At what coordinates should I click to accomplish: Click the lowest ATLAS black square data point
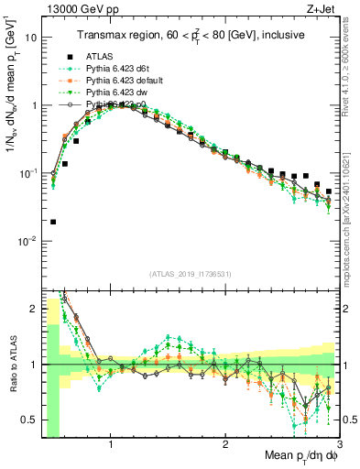pos(53,222)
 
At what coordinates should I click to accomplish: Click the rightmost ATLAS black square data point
pos(329,191)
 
